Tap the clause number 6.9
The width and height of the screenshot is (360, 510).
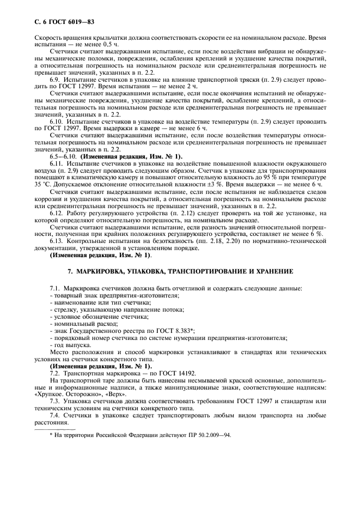[56, 80]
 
